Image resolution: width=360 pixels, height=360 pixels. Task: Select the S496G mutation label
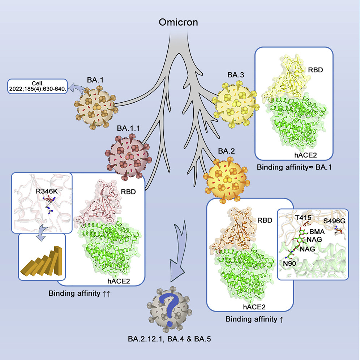333,220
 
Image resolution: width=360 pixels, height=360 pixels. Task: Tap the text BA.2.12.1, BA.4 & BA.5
167,339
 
